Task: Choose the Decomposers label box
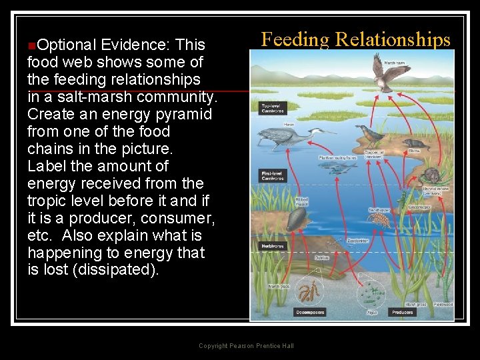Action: tap(309, 312)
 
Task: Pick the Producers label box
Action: tap(403, 312)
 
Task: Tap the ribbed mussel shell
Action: tap(297, 219)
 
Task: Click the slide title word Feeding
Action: tap(295, 39)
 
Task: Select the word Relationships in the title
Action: tap(393, 39)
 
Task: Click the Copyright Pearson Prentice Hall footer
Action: tap(246, 345)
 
